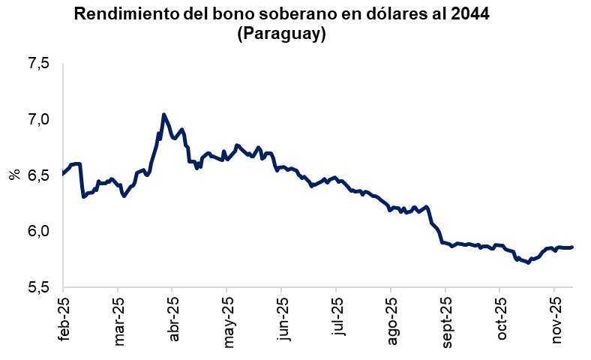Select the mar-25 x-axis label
pyautogui.click(x=118, y=319)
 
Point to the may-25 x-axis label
pyautogui.click(x=227, y=319)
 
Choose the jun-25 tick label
pyautogui.click(x=282, y=319)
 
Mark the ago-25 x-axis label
pyautogui.click(x=391, y=319)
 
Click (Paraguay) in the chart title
pyautogui.click(x=280, y=34)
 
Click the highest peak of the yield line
pyautogui.click(x=163, y=115)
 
